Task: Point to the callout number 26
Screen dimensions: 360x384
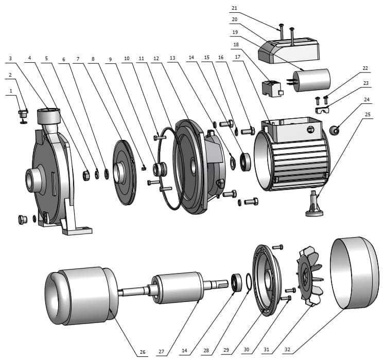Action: (x=143, y=352)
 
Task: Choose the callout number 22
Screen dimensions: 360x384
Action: (x=365, y=68)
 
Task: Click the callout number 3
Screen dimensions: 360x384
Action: (x=10, y=58)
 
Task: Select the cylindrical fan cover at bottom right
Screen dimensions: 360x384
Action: (x=354, y=274)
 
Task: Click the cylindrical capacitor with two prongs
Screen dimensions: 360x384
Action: (x=311, y=82)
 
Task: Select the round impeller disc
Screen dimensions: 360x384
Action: (x=123, y=172)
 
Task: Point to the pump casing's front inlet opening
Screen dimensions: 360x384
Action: (x=30, y=180)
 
